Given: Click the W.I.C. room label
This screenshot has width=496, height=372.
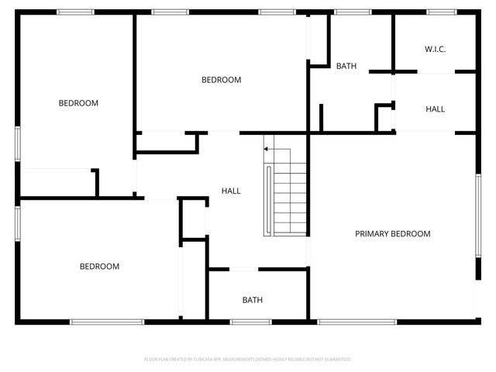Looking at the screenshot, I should pos(435,49).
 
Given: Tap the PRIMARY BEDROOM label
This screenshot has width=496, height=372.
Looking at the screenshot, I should pos(392,233).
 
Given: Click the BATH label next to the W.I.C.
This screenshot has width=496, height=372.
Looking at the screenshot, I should pos(346,66).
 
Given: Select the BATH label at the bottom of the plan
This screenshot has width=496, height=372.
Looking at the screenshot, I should pos(252,300).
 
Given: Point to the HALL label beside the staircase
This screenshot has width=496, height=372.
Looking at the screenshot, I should pos(230,191).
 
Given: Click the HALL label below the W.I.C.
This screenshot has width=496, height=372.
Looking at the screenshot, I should pos(435,109).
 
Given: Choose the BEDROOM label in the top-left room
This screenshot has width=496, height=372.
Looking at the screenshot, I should pos(78,103).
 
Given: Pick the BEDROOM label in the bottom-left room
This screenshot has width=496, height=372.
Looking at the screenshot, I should pos(99,267).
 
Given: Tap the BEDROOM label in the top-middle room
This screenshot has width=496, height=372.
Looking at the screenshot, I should pos(221,80).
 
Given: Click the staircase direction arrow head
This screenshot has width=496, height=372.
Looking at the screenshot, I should pos(267,148).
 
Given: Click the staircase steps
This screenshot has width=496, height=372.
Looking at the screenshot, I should pos(291,198).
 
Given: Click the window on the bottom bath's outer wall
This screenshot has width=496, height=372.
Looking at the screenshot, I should pos(250,321).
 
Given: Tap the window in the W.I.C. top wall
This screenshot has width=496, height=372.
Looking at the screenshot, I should pos(441,12).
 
